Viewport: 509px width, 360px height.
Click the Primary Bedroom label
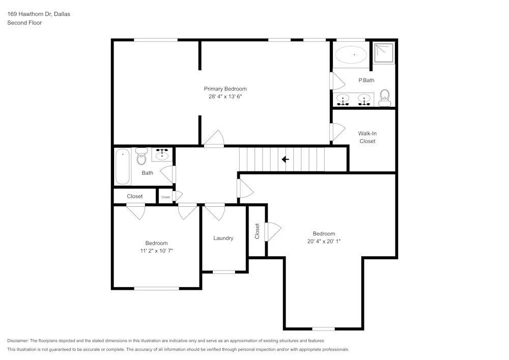(225, 89)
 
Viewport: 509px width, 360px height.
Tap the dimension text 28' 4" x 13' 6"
(225, 96)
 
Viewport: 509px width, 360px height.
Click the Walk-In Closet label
(367, 137)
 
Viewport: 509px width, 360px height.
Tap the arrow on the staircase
(285, 159)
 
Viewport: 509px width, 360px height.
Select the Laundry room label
(223, 238)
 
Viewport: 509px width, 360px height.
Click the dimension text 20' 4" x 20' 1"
(324, 241)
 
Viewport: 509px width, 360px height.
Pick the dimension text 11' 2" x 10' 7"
(156, 251)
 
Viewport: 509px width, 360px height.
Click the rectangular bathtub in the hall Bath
(122, 167)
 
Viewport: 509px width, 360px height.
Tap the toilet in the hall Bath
(142, 157)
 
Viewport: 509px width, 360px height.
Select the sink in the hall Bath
(163, 154)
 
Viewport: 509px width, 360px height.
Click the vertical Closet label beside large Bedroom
(257, 231)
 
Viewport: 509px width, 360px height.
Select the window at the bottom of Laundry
(223, 272)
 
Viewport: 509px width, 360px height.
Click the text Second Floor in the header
(24, 23)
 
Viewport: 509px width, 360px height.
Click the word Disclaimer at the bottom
(18, 341)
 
